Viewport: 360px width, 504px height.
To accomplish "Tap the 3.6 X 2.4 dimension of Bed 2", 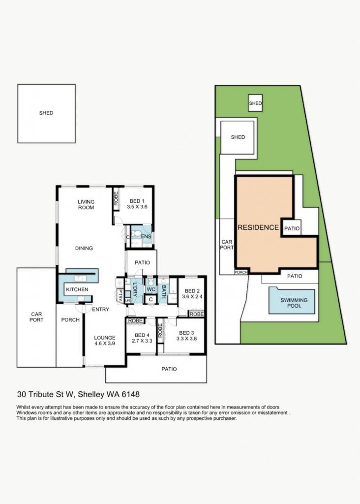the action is point(192,296).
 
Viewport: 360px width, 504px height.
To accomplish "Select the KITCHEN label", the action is point(77,289).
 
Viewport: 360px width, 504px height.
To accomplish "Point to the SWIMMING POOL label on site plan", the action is point(294,303).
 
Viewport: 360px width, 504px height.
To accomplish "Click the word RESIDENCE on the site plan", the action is point(258,227).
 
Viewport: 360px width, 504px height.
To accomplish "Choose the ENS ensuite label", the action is point(146,237).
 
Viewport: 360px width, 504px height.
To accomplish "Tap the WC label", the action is point(151,289).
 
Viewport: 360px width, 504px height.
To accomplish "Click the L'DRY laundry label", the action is point(135,289).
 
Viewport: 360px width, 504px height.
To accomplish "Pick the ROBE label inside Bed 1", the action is point(116,198).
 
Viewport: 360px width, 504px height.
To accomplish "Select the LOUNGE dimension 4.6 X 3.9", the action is point(105,343).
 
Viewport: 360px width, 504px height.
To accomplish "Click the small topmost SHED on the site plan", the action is point(255,103).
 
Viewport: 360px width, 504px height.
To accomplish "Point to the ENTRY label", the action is point(100,309).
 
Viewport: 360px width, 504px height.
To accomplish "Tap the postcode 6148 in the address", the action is point(130,394).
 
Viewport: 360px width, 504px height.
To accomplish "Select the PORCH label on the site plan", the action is point(241,272).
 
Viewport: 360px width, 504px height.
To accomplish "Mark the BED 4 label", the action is point(142,335).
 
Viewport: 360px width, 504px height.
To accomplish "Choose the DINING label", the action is point(84,248).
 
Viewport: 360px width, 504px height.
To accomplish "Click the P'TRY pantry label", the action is point(120,296).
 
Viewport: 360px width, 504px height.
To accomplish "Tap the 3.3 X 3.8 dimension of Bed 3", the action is point(186,339).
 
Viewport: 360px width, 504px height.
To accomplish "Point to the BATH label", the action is point(163,291).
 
